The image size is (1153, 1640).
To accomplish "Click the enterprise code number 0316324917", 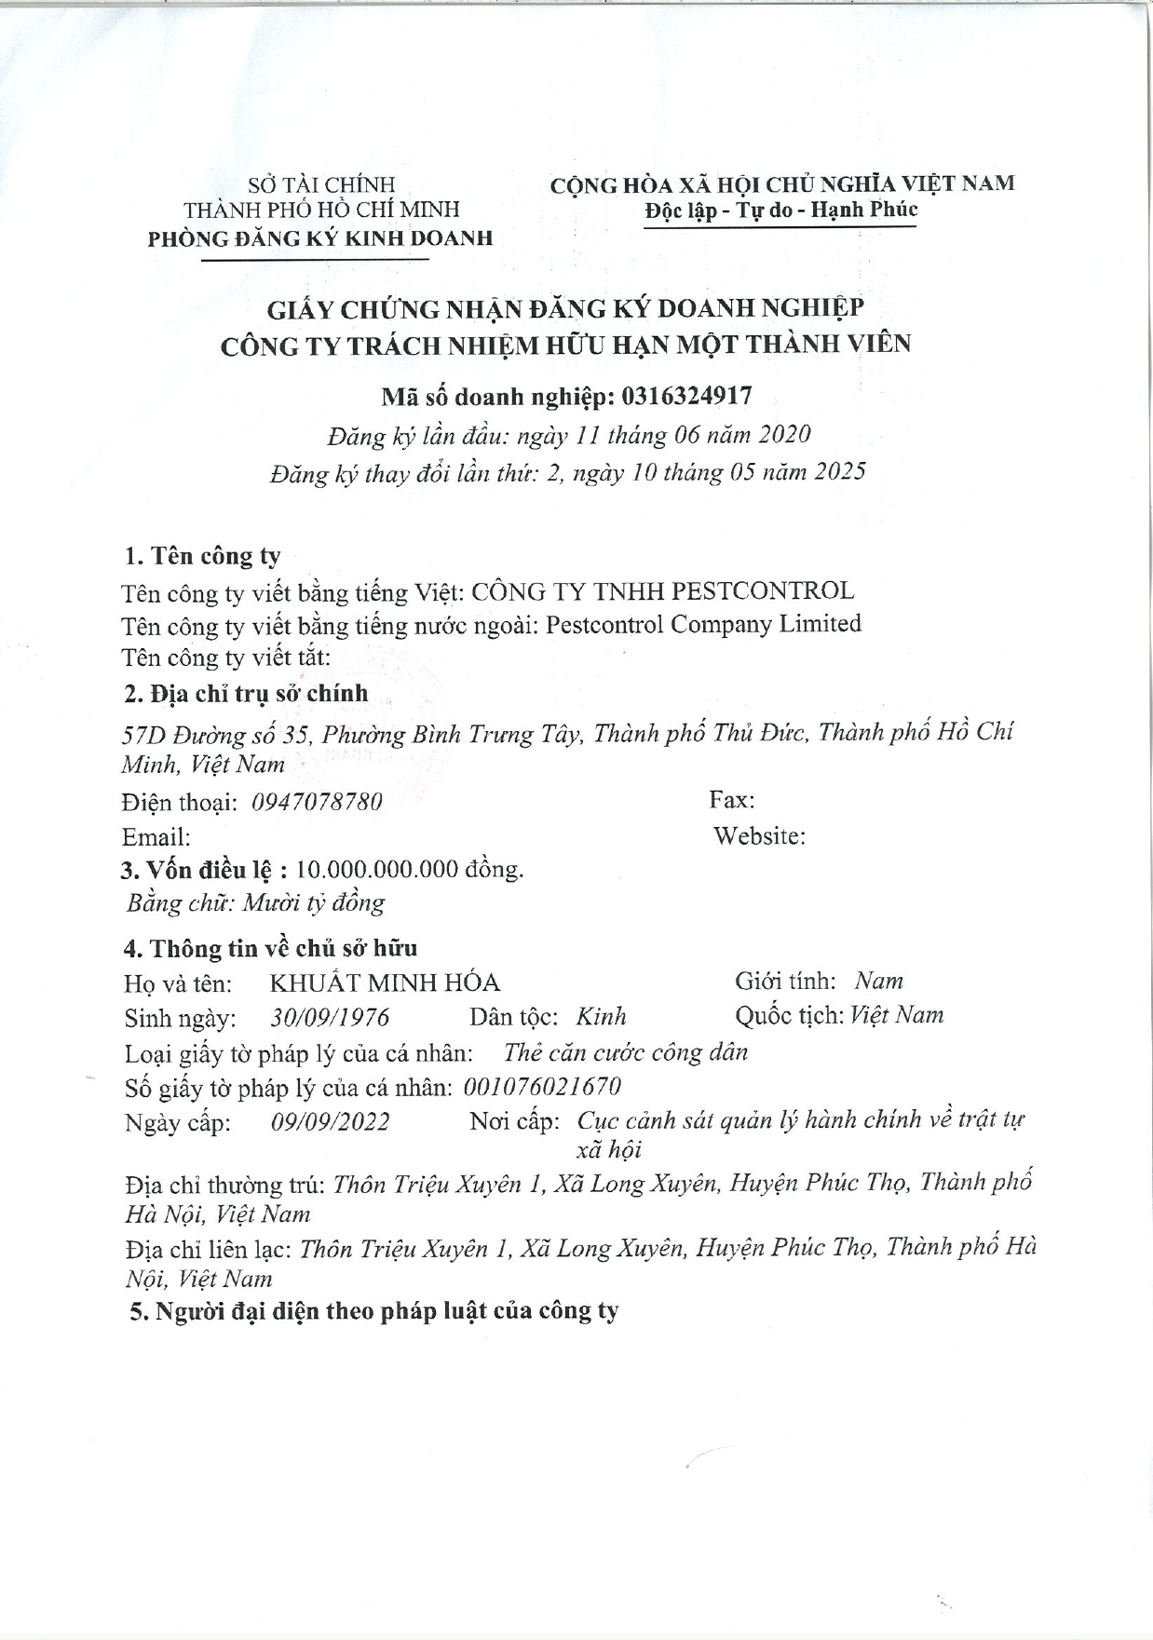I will pyautogui.click(x=686, y=397).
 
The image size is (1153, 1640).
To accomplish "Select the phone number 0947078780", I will pyautogui.click(x=317, y=802).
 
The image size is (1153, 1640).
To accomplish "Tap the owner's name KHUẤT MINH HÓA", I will pyautogui.click(x=385, y=983).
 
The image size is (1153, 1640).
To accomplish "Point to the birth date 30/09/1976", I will pyautogui.click(x=330, y=1017).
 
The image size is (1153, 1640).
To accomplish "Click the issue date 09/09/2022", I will pyautogui.click(x=330, y=1121).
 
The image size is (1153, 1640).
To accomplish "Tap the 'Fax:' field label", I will pyautogui.click(x=732, y=800).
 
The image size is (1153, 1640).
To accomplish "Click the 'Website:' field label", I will pyautogui.click(x=759, y=835).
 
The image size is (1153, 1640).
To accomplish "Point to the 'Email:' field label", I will pyautogui.click(x=156, y=836).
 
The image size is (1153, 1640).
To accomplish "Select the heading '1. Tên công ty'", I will pyautogui.click(x=202, y=556).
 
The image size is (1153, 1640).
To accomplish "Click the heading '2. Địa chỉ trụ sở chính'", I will pyautogui.click(x=246, y=694).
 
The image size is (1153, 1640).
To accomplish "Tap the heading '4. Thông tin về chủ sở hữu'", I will pyautogui.click(x=270, y=948).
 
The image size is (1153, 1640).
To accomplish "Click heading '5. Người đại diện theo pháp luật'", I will pyautogui.click(x=373, y=1311).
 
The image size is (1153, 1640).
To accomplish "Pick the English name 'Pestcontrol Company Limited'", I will pyautogui.click(x=703, y=624).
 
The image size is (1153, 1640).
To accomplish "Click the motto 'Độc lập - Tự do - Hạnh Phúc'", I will pyautogui.click(x=780, y=210).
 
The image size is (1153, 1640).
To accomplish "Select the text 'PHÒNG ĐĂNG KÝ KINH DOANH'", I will pyautogui.click(x=319, y=238).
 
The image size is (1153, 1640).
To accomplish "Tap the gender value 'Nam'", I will pyautogui.click(x=878, y=981).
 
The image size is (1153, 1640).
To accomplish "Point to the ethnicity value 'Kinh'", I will pyautogui.click(x=601, y=1017).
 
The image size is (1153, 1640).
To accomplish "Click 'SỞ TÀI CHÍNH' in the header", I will pyautogui.click(x=320, y=185).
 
